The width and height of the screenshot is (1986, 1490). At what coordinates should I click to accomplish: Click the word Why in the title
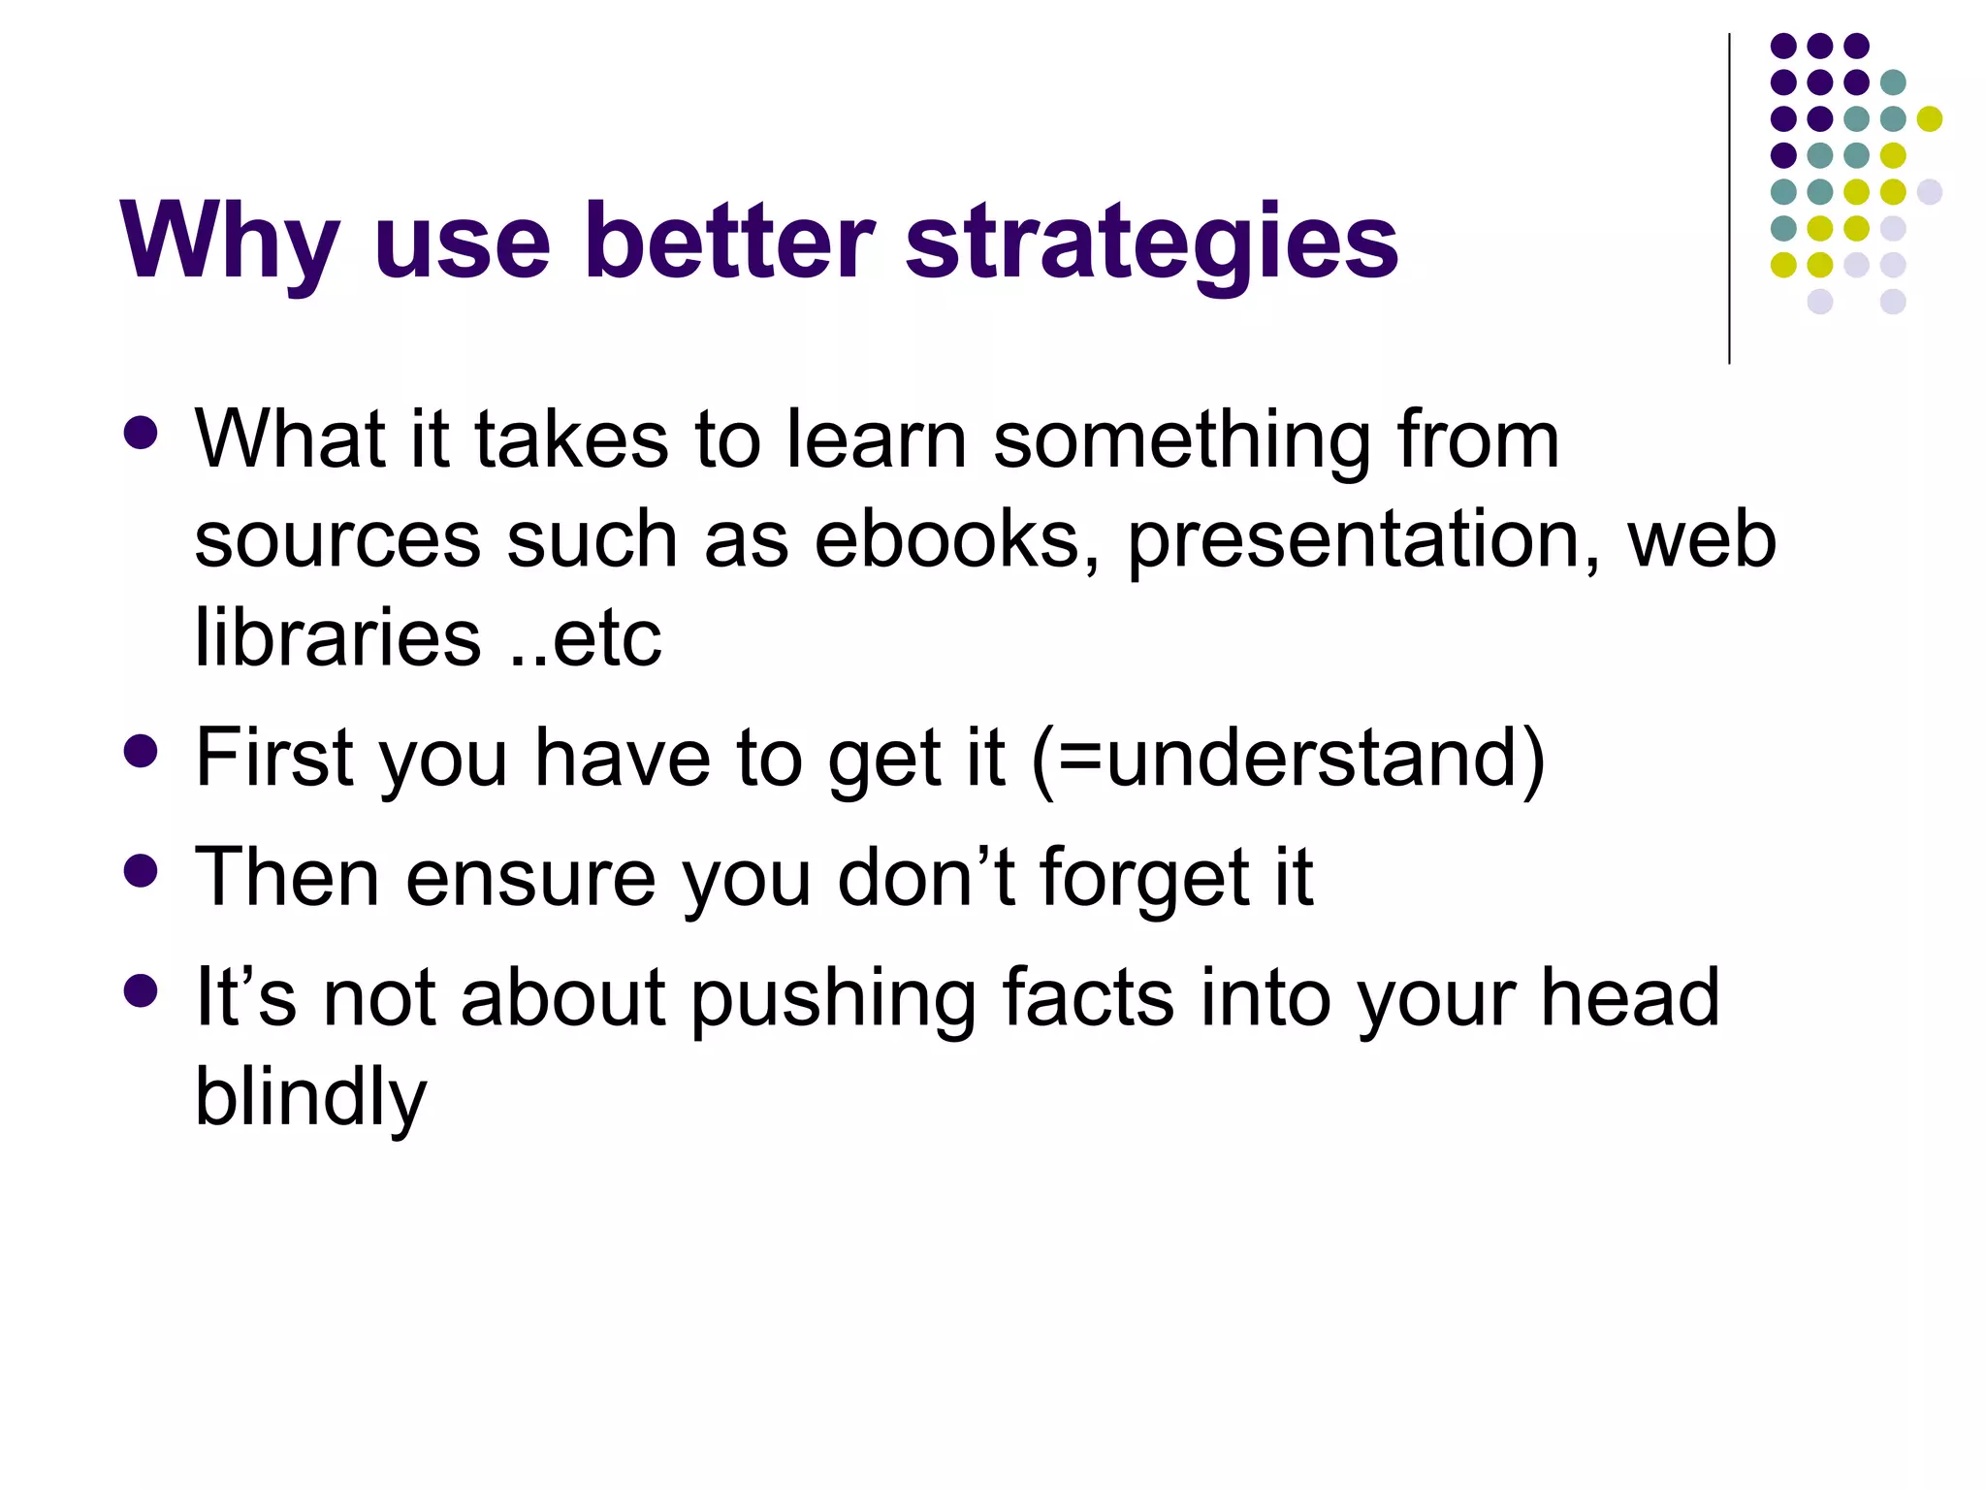229,243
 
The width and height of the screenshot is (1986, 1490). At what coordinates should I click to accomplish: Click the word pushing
833,999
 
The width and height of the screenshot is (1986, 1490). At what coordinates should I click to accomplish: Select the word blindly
310,1099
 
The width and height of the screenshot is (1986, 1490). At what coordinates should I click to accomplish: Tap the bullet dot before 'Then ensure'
142,870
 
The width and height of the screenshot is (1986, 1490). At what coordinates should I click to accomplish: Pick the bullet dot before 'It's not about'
142,990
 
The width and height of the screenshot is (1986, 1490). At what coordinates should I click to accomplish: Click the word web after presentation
1702,540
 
